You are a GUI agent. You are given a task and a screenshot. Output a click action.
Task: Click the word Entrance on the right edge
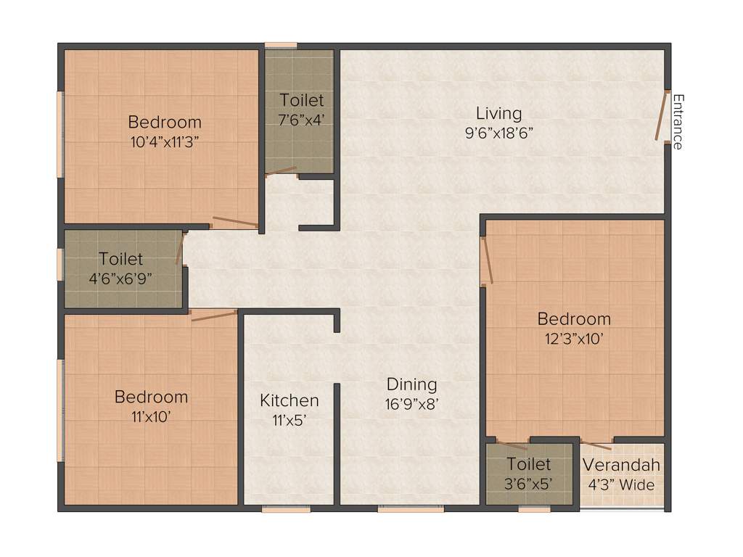click(x=678, y=121)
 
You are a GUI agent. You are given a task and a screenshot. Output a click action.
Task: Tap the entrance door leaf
click(x=661, y=115)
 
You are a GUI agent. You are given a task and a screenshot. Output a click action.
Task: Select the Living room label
click(x=498, y=113)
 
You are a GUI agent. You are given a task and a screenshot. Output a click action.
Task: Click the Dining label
click(x=411, y=384)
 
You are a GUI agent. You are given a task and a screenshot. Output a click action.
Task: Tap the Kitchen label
click(x=290, y=400)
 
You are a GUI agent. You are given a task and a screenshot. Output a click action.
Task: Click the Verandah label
click(x=622, y=466)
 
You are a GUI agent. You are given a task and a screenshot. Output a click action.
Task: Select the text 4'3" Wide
click(x=622, y=484)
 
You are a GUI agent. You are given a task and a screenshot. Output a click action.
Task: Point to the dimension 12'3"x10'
click(x=574, y=338)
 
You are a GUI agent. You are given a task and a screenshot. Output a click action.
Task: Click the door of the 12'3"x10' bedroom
click(x=487, y=261)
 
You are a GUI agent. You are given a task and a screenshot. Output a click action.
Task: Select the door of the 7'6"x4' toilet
click(x=281, y=171)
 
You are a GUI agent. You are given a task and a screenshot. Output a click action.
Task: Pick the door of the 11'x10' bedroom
click(x=214, y=315)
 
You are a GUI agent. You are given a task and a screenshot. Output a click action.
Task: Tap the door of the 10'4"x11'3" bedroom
click(x=234, y=223)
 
